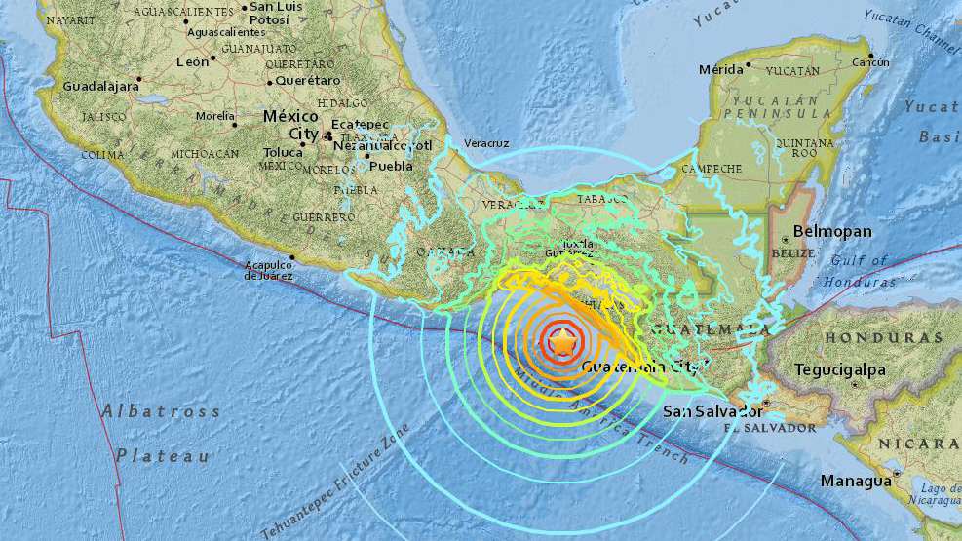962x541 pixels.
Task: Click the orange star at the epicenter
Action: click(562, 341)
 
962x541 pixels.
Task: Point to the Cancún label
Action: click(871, 62)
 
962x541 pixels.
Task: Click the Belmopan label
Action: click(832, 232)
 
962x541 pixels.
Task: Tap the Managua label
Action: click(856, 482)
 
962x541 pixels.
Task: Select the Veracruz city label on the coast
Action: click(486, 143)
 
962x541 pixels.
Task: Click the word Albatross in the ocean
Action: click(161, 411)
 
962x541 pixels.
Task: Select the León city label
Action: click(193, 61)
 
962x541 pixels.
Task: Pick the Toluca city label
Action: click(285, 152)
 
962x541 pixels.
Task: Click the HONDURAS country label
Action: click(884, 338)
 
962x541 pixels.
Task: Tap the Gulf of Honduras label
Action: click(861, 271)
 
